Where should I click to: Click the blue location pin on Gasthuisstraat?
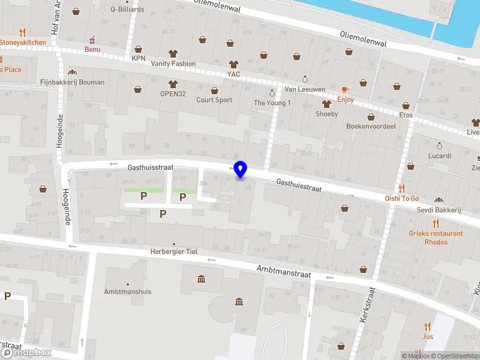[x=241, y=170]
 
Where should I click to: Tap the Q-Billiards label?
[x=127, y=10]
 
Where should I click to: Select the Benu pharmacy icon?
[x=92, y=40]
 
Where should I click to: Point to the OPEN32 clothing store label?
[x=173, y=94]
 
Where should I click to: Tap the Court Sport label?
[x=214, y=100]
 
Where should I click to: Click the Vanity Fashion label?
[x=173, y=64]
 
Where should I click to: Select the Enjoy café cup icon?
[x=345, y=89]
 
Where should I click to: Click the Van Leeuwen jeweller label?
[x=305, y=89]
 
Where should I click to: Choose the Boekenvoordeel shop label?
[x=371, y=127]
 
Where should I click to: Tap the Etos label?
[x=406, y=115]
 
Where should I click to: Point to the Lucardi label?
[x=439, y=155]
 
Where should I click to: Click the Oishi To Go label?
[x=401, y=199]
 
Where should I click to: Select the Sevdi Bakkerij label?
[x=439, y=210]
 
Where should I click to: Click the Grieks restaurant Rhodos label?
[x=436, y=238]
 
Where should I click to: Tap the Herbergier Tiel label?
[x=174, y=251]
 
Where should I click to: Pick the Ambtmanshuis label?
[x=127, y=292]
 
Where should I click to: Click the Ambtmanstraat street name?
[x=283, y=272]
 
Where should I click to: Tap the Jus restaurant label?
[x=427, y=337]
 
